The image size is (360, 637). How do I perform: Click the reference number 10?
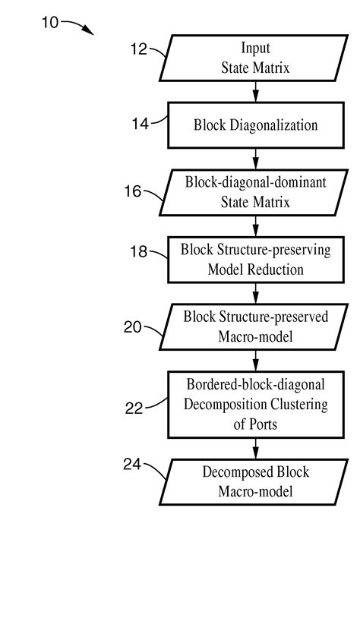(49, 22)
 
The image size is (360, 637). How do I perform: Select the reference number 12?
(140, 51)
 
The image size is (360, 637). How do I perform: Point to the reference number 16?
(133, 191)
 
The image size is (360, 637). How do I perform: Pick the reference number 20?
(133, 327)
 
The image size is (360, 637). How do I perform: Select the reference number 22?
(134, 408)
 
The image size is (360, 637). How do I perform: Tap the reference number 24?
(133, 465)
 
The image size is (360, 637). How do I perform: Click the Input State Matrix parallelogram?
(255, 58)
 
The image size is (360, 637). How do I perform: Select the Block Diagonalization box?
(255, 125)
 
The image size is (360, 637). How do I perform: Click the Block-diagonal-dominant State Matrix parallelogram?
(255, 193)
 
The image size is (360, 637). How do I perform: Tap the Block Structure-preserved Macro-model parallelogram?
(255, 326)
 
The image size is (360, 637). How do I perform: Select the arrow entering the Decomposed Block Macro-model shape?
(256, 448)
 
